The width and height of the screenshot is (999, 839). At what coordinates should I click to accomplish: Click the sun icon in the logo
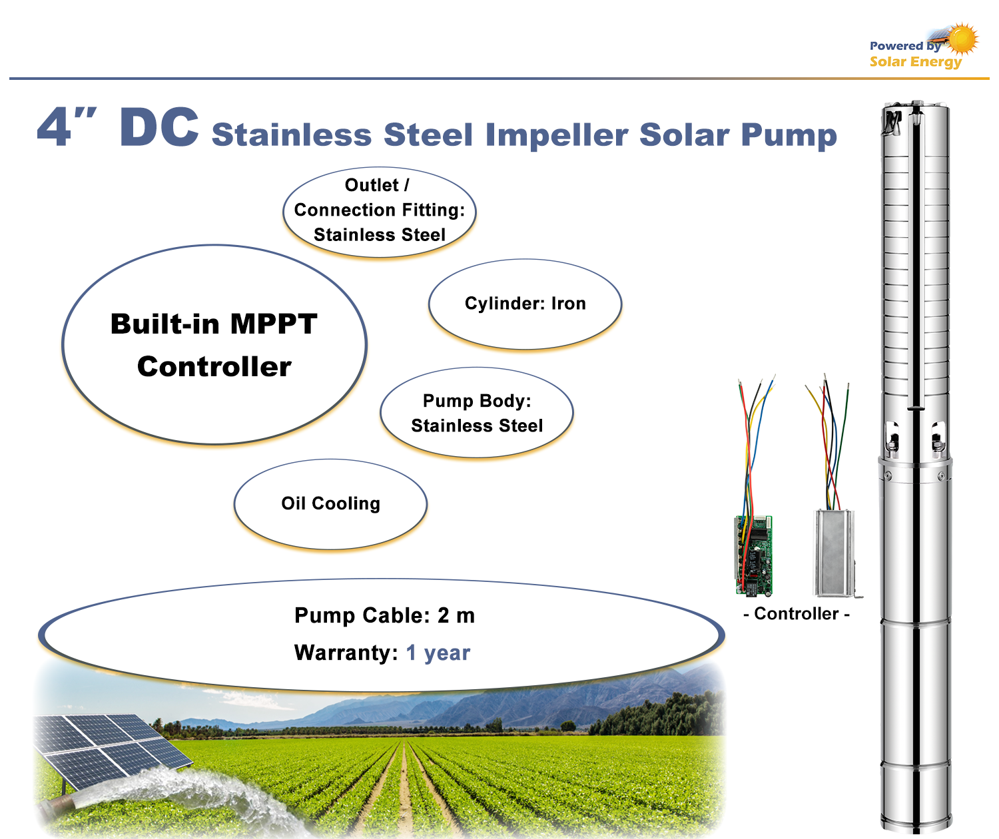pos(962,39)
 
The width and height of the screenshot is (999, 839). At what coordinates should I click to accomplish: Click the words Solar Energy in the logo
pos(915,62)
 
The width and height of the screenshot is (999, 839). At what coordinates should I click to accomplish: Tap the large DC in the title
pos(159,127)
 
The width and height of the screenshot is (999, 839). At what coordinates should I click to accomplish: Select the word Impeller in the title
pos(556,135)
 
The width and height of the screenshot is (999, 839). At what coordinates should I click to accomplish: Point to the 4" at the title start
pos(67,126)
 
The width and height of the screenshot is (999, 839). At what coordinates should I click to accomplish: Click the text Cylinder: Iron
pos(525,303)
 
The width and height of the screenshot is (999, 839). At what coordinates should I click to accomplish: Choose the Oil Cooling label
pos(330,503)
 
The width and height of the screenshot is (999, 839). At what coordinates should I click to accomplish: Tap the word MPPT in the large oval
pos(274,324)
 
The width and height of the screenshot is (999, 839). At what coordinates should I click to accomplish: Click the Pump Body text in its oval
pos(477,400)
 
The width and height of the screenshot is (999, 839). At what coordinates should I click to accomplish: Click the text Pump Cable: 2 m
pos(384,615)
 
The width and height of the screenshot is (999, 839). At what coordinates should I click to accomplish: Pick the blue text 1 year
pos(438,653)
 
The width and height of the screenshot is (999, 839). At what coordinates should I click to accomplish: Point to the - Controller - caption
pos(796,613)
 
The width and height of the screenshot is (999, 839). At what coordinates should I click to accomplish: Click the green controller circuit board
pos(753,555)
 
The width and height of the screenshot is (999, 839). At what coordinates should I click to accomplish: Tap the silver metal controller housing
pos(834,553)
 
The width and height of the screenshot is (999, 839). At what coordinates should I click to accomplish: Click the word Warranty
pos(346,653)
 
